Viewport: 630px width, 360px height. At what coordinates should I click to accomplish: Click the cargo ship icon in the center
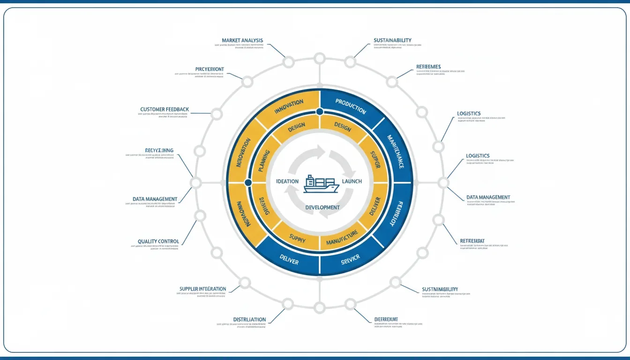(321, 183)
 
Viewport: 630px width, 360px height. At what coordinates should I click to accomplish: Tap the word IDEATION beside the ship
(287, 181)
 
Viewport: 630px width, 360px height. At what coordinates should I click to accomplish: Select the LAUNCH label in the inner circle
(352, 181)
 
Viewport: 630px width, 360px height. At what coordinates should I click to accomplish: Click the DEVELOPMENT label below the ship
(322, 207)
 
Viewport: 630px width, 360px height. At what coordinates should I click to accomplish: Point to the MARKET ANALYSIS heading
(242, 40)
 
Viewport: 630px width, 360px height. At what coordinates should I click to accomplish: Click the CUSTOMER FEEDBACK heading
(165, 109)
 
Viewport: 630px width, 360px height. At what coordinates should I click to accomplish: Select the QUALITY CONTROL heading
(158, 241)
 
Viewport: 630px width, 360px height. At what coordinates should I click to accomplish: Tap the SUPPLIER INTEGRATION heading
(202, 289)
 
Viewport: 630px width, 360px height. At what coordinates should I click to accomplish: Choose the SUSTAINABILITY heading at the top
(392, 40)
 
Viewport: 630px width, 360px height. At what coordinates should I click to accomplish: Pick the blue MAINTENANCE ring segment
(395, 151)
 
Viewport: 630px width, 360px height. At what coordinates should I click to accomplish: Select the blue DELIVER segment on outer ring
(289, 259)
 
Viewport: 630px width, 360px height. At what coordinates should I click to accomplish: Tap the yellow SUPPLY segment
(297, 240)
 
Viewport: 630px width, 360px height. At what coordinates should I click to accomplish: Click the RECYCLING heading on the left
(159, 150)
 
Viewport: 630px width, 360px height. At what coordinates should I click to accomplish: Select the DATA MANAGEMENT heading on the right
(488, 197)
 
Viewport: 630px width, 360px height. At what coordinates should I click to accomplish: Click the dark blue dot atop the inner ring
(320, 112)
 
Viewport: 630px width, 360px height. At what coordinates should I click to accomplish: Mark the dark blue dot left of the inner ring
(248, 182)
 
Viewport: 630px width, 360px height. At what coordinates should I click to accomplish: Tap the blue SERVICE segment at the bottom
(350, 258)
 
